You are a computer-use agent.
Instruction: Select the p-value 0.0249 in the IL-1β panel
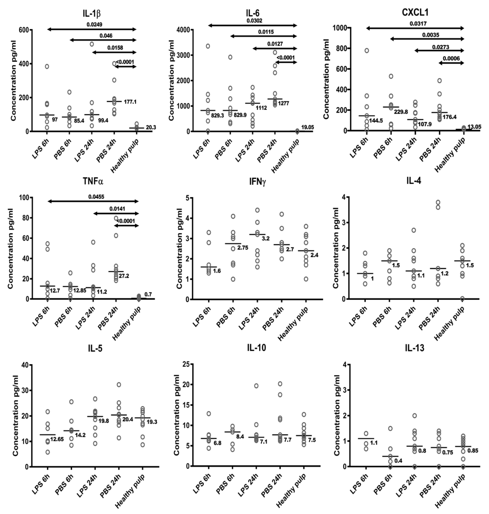click(94, 25)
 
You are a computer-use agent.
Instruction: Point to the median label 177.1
click(130, 102)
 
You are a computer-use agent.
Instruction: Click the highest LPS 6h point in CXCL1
click(367, 51)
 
